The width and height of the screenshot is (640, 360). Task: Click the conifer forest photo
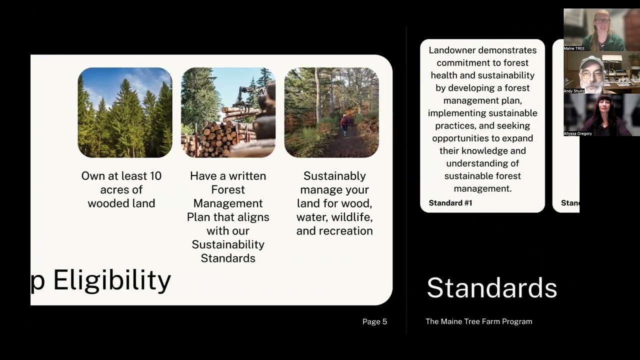tap(125, 112)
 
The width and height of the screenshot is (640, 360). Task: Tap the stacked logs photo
tap(228, 112)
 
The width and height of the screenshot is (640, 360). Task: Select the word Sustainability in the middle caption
tap(228, 244)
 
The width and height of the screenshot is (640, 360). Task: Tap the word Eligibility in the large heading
tap(112, 280)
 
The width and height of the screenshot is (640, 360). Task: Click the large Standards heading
tap(491, 288)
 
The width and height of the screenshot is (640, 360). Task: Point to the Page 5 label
tap(374, 321)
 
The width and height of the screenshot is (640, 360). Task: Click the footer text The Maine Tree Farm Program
tap(478, 321)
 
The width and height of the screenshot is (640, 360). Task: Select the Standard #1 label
tap(450, 203)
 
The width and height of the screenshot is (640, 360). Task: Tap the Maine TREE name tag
tap(574, 48)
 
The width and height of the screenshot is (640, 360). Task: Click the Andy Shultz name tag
tap(574, 91)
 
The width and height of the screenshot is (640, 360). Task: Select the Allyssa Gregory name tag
tap(577, 133)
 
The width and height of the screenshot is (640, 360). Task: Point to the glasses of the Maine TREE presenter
tap(602, 20)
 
